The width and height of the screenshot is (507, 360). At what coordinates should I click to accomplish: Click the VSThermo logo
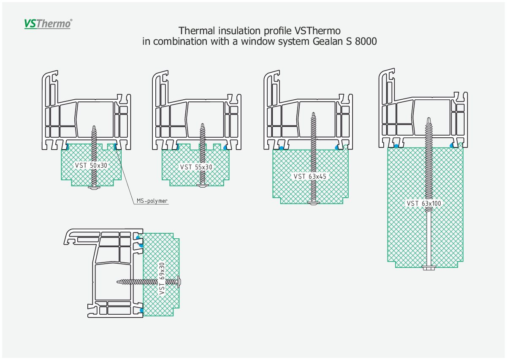[48, 24]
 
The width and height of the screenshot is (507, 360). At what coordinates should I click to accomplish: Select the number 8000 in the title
[366, 41]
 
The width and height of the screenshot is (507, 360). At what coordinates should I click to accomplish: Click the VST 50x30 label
[91, 165]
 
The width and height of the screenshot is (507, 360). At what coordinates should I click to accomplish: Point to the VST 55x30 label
[196, 167]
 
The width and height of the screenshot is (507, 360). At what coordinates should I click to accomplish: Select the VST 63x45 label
[310, 176]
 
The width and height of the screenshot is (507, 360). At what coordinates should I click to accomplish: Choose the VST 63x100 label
[424, 203]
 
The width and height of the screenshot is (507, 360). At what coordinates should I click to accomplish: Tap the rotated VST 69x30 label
[162, 279]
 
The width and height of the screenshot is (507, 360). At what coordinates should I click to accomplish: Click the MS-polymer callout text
[152, 201]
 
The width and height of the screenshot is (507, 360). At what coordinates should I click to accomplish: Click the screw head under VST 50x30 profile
[94, 188]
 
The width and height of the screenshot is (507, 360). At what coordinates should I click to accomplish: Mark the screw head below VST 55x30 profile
[203, 186]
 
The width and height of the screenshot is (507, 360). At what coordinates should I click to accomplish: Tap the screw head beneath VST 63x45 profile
[314, 203]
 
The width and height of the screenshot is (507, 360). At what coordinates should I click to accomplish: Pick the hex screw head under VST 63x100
[429, 268]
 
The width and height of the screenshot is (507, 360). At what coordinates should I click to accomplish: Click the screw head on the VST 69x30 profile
[179, 282]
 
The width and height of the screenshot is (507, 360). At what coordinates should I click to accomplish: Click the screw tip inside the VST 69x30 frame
[117, 282]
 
